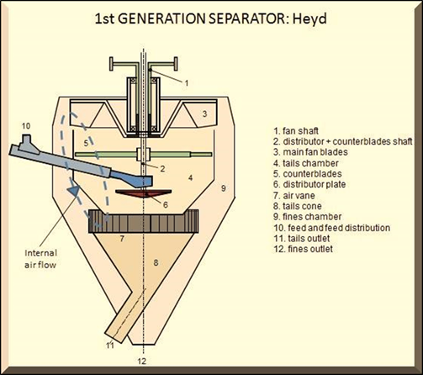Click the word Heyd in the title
tap(309, 19)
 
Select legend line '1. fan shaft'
tap(296, 131)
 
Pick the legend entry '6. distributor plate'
tap(309, 184)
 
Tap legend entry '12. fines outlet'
tap(303, 249)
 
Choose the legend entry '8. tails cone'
tap(298, 206)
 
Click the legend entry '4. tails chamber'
tap(306, 163)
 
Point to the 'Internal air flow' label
tap(40, 259)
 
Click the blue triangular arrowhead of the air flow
tap(74, 192)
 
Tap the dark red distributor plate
tap(144, 193)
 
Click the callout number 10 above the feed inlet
tap(26, 126)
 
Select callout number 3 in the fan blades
tap(205, 114)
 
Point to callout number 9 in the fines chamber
tap(224, 188)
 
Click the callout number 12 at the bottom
tap(142, 361)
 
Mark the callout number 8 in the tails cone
tap(156, 262)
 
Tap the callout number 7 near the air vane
tap(122, 239)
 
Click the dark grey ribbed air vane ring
tap(144, 221)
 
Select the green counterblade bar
tap(144, 155)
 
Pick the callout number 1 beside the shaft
tap(186, 83)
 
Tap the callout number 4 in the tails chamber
tap(190, 177)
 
